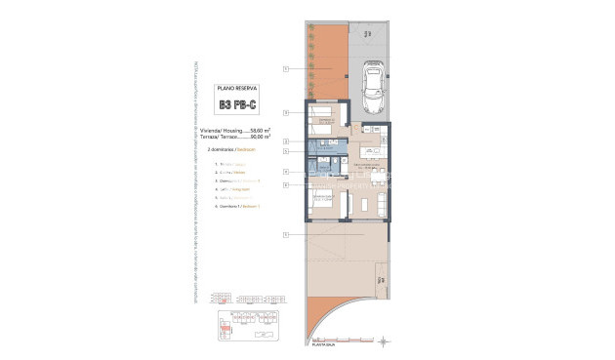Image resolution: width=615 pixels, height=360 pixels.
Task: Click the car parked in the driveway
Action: [373, 90]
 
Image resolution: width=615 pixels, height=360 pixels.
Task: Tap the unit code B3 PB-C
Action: [236, 103]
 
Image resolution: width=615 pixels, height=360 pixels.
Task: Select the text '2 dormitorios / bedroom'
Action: [225, 152]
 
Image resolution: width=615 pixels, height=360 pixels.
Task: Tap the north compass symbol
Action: [388, 340]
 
